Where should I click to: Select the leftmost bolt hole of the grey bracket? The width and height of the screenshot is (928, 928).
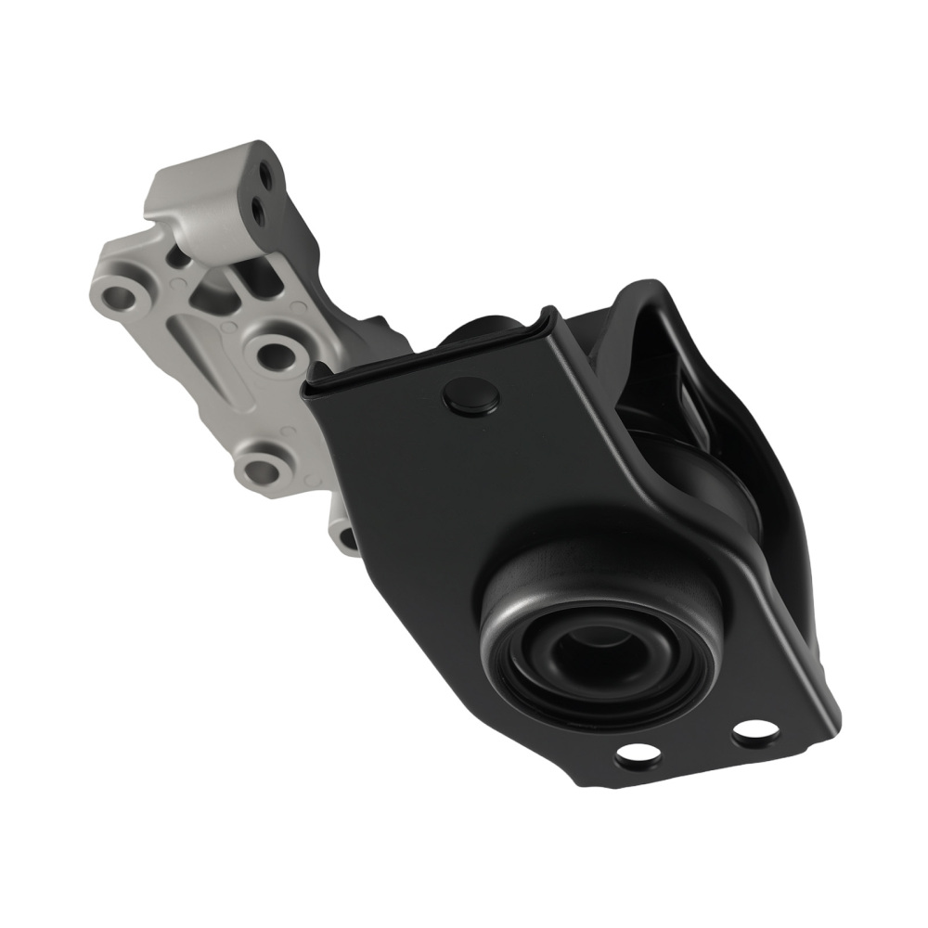(x=121, y=299)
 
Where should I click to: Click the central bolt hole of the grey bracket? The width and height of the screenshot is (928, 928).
(x=274, y=350)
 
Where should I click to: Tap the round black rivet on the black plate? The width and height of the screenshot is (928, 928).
(x=470, y=396)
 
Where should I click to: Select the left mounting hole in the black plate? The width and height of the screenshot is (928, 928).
(x=638, y=754)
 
